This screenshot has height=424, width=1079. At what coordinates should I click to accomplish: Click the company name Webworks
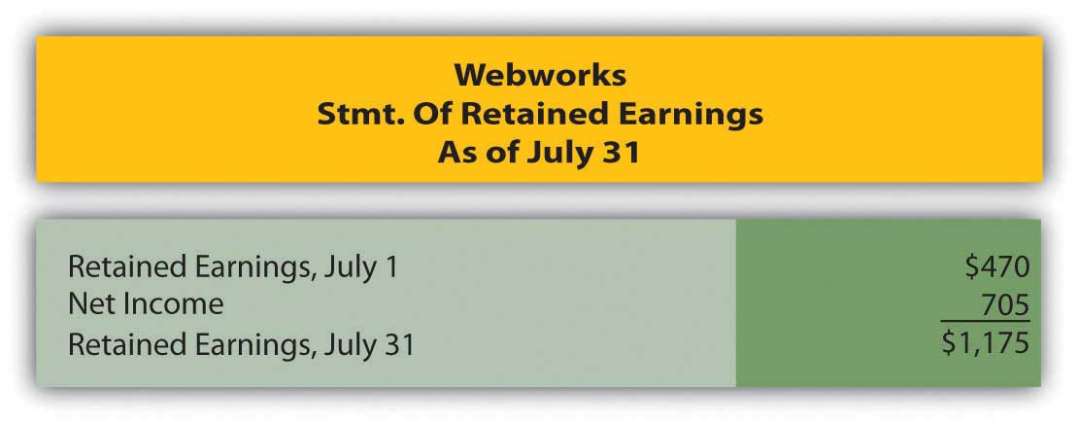tap(540, 75)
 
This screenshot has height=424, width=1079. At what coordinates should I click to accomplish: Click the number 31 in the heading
tap(623, 153)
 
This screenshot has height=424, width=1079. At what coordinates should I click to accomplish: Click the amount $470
tap(996, 266)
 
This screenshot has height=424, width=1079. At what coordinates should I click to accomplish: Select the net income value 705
tap(1005, 304)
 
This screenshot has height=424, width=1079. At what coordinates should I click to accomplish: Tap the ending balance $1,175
tap(986, 342)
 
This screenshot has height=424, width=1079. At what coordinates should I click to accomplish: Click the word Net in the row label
tap(89, 304)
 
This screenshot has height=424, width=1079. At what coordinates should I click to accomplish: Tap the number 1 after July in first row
tap(390, 266)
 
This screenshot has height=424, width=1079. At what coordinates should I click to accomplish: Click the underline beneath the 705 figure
tap(985, 321)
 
